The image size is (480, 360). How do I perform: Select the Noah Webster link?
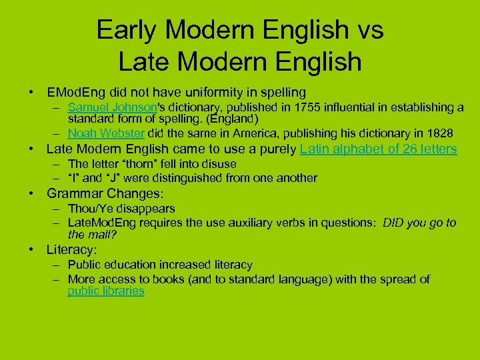106,133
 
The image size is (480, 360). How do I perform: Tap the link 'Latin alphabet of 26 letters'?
378,149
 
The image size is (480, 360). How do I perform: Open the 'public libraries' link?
106,291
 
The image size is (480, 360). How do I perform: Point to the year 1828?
439,133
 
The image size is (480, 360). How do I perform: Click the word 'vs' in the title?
366,31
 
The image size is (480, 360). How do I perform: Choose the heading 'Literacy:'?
71,250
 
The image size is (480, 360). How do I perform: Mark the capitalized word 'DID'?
395,223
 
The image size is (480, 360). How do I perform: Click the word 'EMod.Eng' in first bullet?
73,92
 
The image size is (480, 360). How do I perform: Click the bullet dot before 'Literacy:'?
31,250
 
